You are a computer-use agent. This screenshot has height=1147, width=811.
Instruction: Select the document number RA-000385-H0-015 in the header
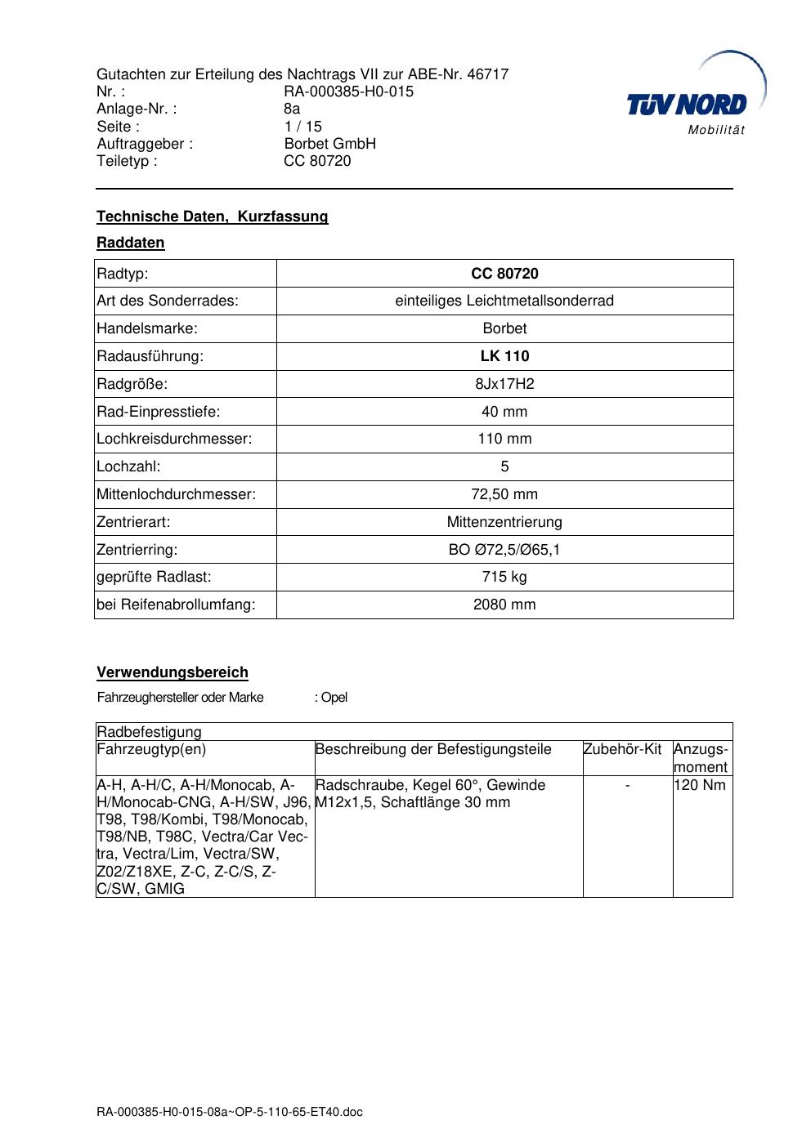point(348,91)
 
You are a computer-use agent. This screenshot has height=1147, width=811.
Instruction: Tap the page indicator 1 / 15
point(302,127)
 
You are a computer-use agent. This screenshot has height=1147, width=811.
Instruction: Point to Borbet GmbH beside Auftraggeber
point(329,144)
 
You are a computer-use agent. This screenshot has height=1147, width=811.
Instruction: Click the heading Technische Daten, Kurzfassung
point(212,216)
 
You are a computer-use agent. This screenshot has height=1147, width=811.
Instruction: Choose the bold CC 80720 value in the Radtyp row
point(504,274)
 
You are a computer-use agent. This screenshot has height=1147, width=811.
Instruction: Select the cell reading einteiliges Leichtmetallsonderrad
point(504,301)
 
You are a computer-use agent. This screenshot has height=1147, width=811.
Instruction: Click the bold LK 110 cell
point(504,356)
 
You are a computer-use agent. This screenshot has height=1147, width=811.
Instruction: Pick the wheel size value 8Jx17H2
point(504,384)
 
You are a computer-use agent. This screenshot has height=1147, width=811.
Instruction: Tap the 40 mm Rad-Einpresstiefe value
point(504,412)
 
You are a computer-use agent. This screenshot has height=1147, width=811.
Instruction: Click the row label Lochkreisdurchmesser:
point(174,439)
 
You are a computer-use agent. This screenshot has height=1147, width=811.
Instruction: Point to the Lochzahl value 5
point(504,466)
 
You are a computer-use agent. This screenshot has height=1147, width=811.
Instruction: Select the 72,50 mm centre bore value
point(504,494)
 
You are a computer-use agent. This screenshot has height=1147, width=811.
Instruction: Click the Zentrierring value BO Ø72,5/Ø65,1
point(504,550)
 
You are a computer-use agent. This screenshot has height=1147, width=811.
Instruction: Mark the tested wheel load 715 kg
point(504,577)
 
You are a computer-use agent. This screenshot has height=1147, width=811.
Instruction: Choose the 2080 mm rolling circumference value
point(504,605)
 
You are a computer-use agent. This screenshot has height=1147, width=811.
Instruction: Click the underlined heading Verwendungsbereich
point(173,672)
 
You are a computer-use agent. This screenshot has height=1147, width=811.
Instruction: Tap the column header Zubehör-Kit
point(622,749)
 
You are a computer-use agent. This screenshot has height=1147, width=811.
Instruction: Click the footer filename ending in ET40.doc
point(229,1112)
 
